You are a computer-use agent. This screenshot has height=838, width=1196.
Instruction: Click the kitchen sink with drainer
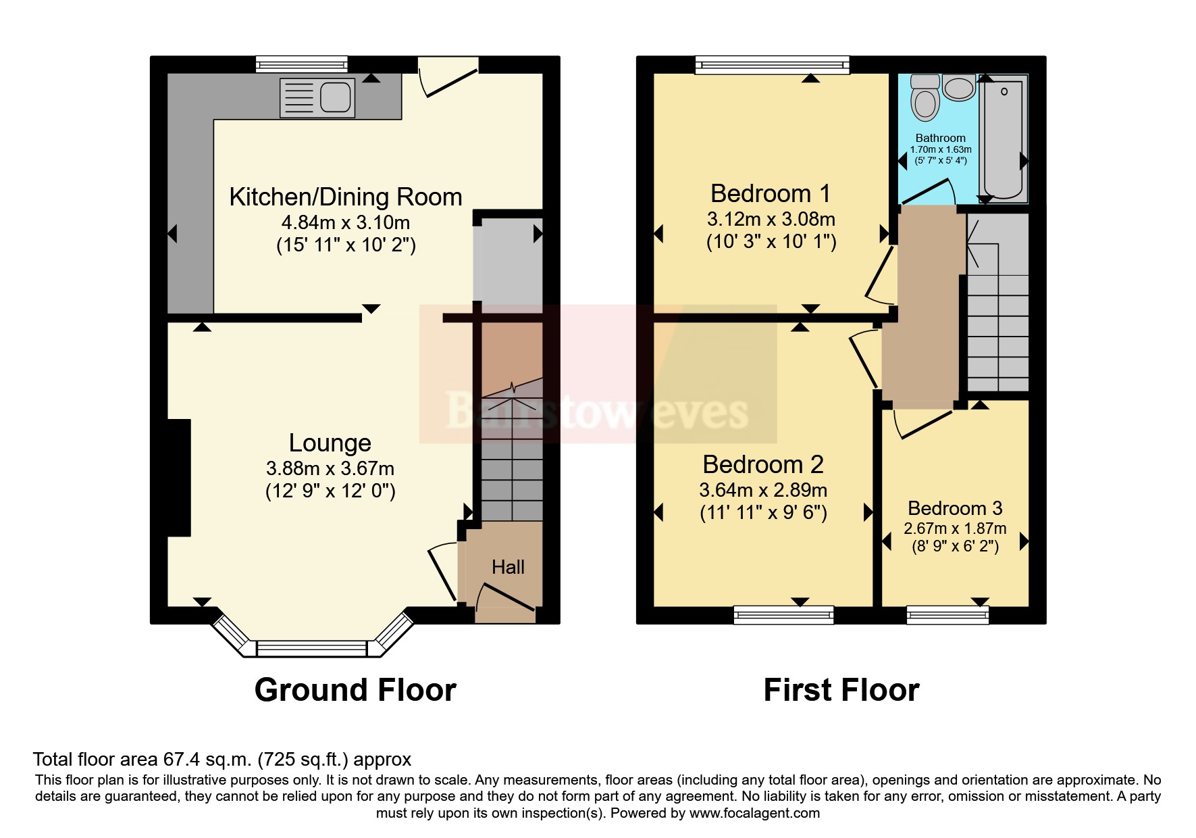[x=317, y=97]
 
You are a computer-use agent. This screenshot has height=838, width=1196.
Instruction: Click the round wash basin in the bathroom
[x=958, y=88]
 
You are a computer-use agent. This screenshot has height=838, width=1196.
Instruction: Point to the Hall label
[x=508, y=567]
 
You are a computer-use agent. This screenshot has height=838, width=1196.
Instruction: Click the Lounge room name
[x=330, y=443]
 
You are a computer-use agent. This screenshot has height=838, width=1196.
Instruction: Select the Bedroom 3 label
[x=955, y=508]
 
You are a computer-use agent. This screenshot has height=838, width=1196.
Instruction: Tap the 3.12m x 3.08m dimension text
[x=771, y=219]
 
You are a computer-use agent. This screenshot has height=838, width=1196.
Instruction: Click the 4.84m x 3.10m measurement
[x=346, y=222]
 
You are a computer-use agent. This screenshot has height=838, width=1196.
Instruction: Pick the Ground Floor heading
[x=355, y=690]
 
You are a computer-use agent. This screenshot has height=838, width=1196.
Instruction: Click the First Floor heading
[x=841, y=690]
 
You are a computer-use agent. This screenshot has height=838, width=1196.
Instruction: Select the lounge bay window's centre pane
[x=312, y=649]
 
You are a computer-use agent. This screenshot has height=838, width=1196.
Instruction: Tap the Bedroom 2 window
[x=783, y=614]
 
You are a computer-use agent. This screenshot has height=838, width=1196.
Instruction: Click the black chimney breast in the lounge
[x=179, y=478]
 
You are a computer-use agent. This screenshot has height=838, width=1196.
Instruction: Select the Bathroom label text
[x=940, y=138]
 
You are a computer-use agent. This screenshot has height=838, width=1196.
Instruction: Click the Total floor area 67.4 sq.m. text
[x=222, y=760]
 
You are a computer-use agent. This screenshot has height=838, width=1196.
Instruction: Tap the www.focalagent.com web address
[x=754, y=813]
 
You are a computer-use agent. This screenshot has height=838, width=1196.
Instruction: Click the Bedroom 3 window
[x=947, y=614]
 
